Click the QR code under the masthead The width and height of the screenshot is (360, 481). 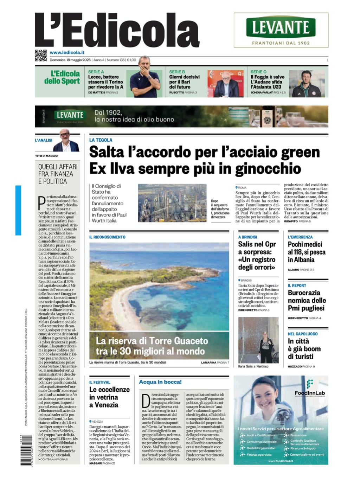(41, 56)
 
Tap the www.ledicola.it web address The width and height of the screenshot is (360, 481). (67, 52)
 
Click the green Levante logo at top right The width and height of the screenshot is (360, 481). (281, 27)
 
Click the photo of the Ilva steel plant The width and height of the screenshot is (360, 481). (172, 203)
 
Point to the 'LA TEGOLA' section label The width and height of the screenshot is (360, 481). (101, 140)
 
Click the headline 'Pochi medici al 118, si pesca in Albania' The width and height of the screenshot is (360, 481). (307, 252)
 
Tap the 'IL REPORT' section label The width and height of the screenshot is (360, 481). (297, 286)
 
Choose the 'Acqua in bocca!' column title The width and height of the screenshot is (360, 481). (160, 382)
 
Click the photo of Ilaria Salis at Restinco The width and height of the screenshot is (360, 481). (258, 340)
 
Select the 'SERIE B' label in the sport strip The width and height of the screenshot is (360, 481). (177, 72)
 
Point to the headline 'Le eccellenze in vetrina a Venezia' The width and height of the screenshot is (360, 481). (109, 397)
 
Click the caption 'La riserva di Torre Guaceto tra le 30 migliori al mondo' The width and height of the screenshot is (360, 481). (152, 346)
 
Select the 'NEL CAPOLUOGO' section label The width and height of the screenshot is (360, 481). (302, 334)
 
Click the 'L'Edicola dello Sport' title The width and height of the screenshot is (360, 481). (62, 77)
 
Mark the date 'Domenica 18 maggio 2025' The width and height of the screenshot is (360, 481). (70, 60)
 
